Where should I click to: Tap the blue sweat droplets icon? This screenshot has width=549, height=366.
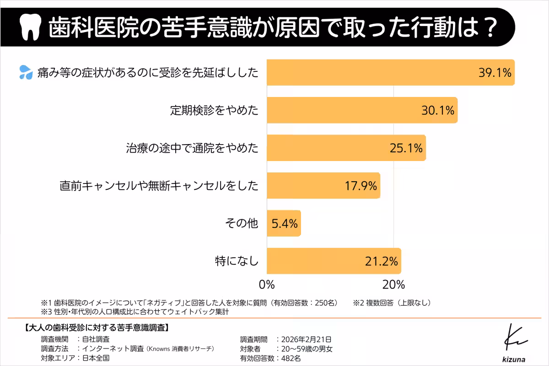26,72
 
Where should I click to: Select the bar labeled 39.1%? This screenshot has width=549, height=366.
391,72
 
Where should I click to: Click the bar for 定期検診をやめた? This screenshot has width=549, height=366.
362,110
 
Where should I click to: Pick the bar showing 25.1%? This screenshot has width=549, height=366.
346,148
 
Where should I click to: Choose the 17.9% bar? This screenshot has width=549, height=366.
323,186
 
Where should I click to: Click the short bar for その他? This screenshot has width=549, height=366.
284,223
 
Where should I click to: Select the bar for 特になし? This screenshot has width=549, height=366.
334,261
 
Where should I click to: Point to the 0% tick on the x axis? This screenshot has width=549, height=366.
267,285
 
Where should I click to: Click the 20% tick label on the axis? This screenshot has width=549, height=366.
393,285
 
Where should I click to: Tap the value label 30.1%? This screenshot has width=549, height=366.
438,110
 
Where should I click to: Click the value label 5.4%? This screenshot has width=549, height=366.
285,224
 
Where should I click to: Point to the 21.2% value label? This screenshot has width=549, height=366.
381,262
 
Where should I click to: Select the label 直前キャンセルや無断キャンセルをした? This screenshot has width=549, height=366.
159,186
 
